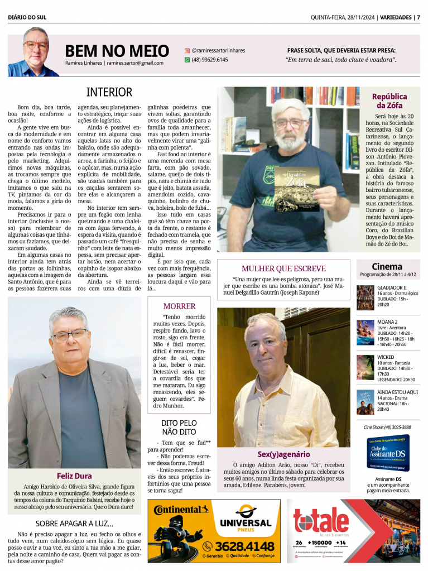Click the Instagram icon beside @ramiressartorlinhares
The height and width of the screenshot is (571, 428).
pos(187,50)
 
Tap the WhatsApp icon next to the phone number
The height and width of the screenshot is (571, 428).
pos(187,59)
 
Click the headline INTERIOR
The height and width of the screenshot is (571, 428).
pos(109,92)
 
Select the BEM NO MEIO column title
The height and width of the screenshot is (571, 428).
pos(117,51)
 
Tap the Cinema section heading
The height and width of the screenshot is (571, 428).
pos(387,266)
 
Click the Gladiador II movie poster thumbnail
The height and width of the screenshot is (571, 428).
pos(366,298)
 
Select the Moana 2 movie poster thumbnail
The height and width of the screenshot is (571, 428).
pos(366,333)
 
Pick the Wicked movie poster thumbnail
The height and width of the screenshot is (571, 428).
pos(366,368)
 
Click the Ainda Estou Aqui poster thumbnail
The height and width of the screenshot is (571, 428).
pos(366,402)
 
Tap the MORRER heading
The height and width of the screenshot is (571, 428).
pos(179,306)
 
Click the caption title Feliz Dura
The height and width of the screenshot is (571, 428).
pos(74,476)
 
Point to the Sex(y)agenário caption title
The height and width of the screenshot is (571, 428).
pos(283,454)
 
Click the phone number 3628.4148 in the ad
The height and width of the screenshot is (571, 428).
pos(244,546)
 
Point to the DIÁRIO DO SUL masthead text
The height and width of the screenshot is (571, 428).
pos(27,17)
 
